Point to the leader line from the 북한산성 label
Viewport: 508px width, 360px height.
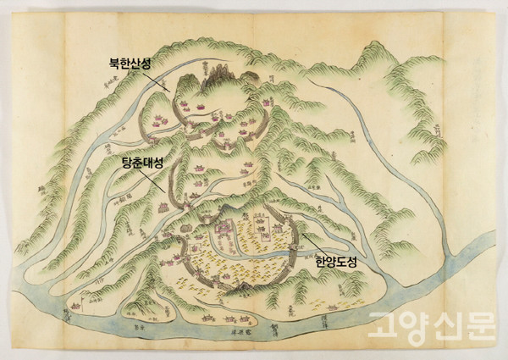(x=162, y=80)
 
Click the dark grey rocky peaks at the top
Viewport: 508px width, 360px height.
(x=214, y=78)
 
